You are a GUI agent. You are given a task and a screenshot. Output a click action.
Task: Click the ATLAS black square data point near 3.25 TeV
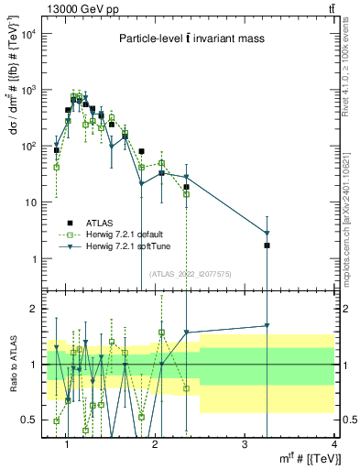267,245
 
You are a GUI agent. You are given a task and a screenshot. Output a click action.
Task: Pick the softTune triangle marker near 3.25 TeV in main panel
267,233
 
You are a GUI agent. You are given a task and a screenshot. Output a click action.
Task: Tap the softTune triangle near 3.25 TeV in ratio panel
267,325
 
